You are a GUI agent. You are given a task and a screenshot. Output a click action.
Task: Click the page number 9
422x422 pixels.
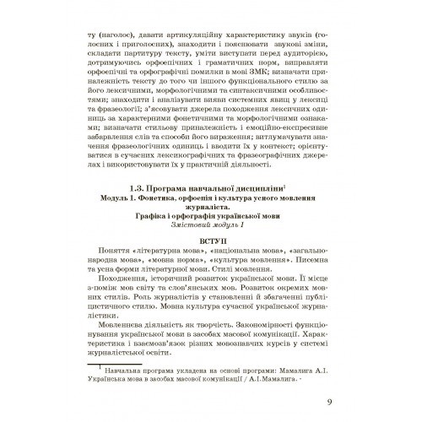tap(328, 401)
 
